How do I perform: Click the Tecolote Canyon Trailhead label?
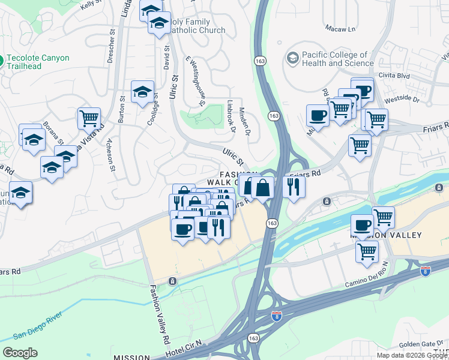[x=38, y=62]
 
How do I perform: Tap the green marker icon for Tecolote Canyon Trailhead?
[x=1, y=61]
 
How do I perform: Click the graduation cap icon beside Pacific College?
[x=292, y=58]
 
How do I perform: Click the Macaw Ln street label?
[x=340, y=28]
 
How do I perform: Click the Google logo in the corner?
[x=20, y=353]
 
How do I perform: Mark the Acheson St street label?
[x=110, y=154]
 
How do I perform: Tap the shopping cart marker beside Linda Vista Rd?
[x=89, y=118]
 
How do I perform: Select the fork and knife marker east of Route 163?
[x=294, y=186]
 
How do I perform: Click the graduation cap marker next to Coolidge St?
[x=142, y=92]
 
